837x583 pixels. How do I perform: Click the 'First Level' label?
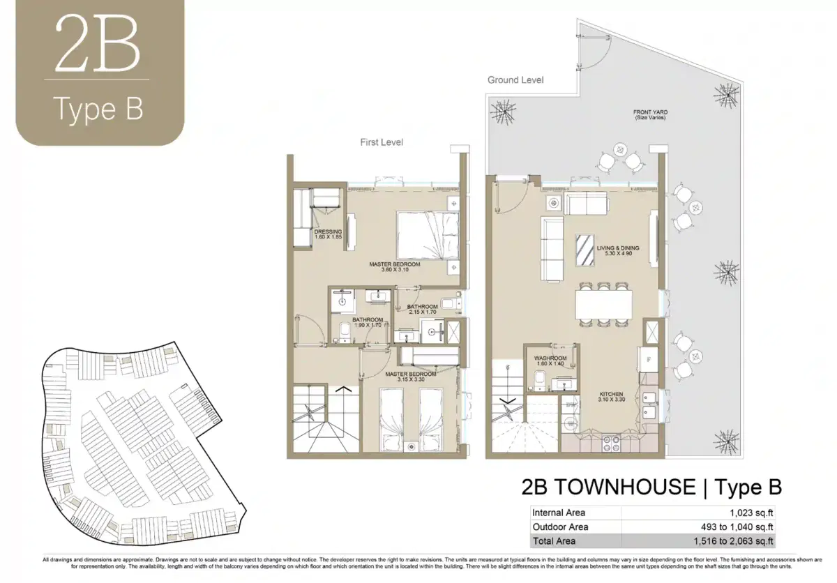(382, 142)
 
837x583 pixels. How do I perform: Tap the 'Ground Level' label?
(515, 80)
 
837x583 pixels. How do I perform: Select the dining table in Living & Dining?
(603, 303)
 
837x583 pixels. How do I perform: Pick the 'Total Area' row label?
(554, 540)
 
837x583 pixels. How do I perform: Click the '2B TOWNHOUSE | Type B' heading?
(651, 486)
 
